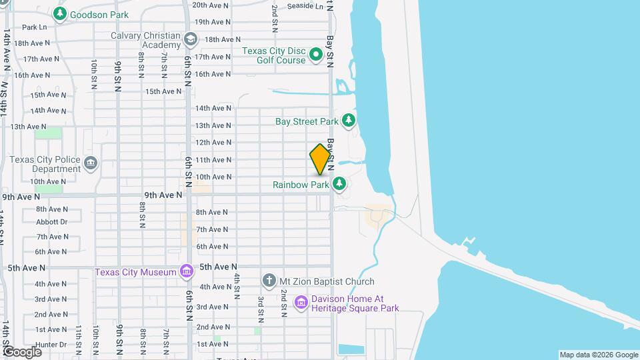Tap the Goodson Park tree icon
click(x=60, y=13)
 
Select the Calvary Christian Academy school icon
click(x=191, y=39)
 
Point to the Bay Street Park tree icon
click(x=348, y=121)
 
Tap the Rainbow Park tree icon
click(x=339, y=183)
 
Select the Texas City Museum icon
click(x=186, y=271)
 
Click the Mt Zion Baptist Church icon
click(x=269, y=281)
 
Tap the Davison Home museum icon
click(x=301, y=303)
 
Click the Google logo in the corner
click(x=21, y=351)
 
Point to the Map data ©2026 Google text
click(x=598, y=355)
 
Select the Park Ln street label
click(x=34, y=27)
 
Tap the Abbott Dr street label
click(x=51, y=221)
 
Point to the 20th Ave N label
click(x=211, y=5)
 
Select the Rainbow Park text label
click(x=301, y=184)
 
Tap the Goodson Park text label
click(x=100, y=13)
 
